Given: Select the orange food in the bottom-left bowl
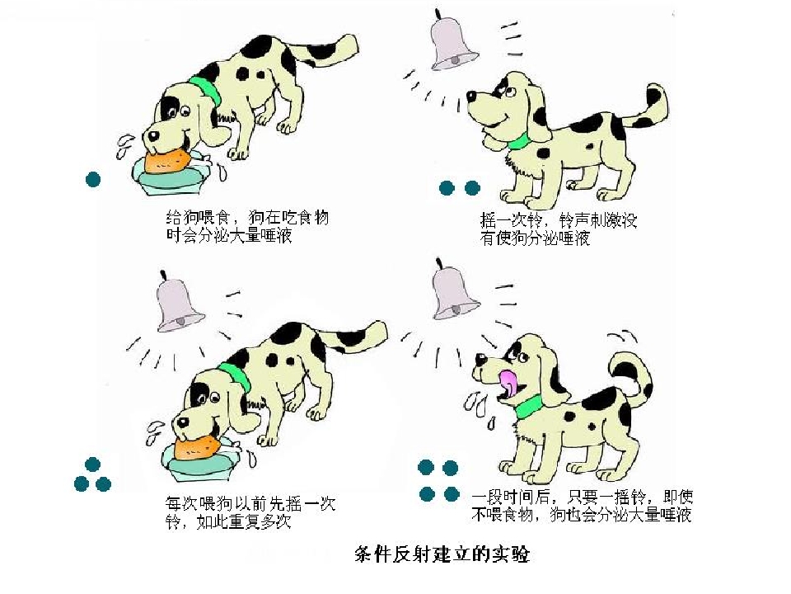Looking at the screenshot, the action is click(x=197, y=446).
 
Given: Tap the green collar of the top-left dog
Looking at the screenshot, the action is click(x=206, y=90).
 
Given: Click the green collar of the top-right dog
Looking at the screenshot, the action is click(x=517, y=141).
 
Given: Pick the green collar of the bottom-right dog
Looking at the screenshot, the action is click(x=527, y=405).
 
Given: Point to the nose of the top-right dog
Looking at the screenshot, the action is click(x=471, y=96).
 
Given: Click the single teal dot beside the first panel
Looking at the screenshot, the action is click(x=93, y=179).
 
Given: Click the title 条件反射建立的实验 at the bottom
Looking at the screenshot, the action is click(x=442, y=554).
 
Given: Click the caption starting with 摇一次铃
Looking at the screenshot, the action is click(x=559, y=229).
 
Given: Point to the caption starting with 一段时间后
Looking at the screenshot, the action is click(x=583, y=505).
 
